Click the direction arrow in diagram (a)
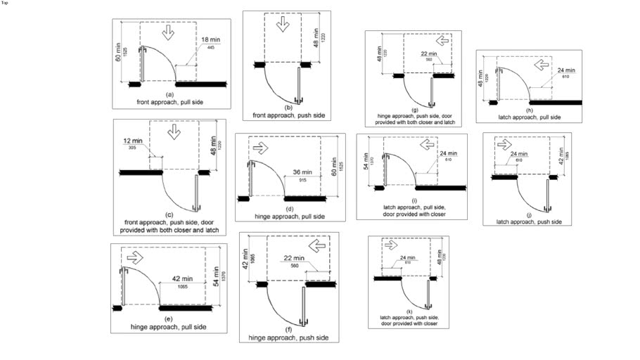coord(167,33)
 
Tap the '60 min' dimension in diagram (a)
coord(117,52)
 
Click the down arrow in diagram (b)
coord(282,24)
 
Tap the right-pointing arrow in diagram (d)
coord(260,148)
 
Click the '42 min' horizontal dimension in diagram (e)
coord(181,278)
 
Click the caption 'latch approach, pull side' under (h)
coord(528,116)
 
